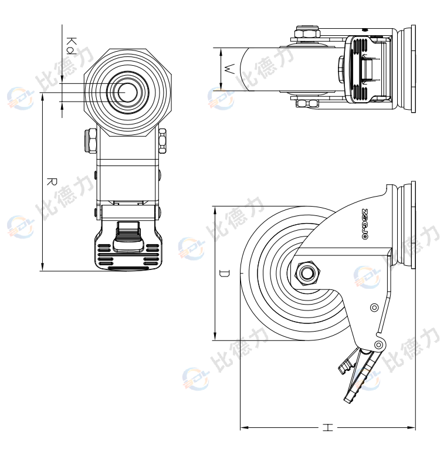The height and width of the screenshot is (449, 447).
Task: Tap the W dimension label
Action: pyautogui.click(x=230, y=69)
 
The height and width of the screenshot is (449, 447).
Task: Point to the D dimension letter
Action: pyautogui.click(x=223, y=274)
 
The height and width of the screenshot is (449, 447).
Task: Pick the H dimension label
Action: pyautogui.click(x=327, y=428)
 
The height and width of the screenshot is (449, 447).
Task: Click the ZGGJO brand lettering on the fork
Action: pyautogui.click(x=364, y=225)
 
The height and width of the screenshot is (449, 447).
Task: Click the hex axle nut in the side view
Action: pyautogui.click(x=306, y=273)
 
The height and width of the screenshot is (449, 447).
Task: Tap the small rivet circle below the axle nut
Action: pyautogui.click(x=374, y=307)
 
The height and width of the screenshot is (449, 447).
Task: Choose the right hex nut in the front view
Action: pyautogui.click(x=162, y=141)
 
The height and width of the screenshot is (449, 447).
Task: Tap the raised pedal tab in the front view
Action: pyautogui.click(x=128, y=230)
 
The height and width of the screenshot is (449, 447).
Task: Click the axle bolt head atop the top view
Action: pyautogui.click(x=306, y=33)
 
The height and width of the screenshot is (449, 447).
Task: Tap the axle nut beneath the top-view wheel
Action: pyautogui.click(x=307, y=104)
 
